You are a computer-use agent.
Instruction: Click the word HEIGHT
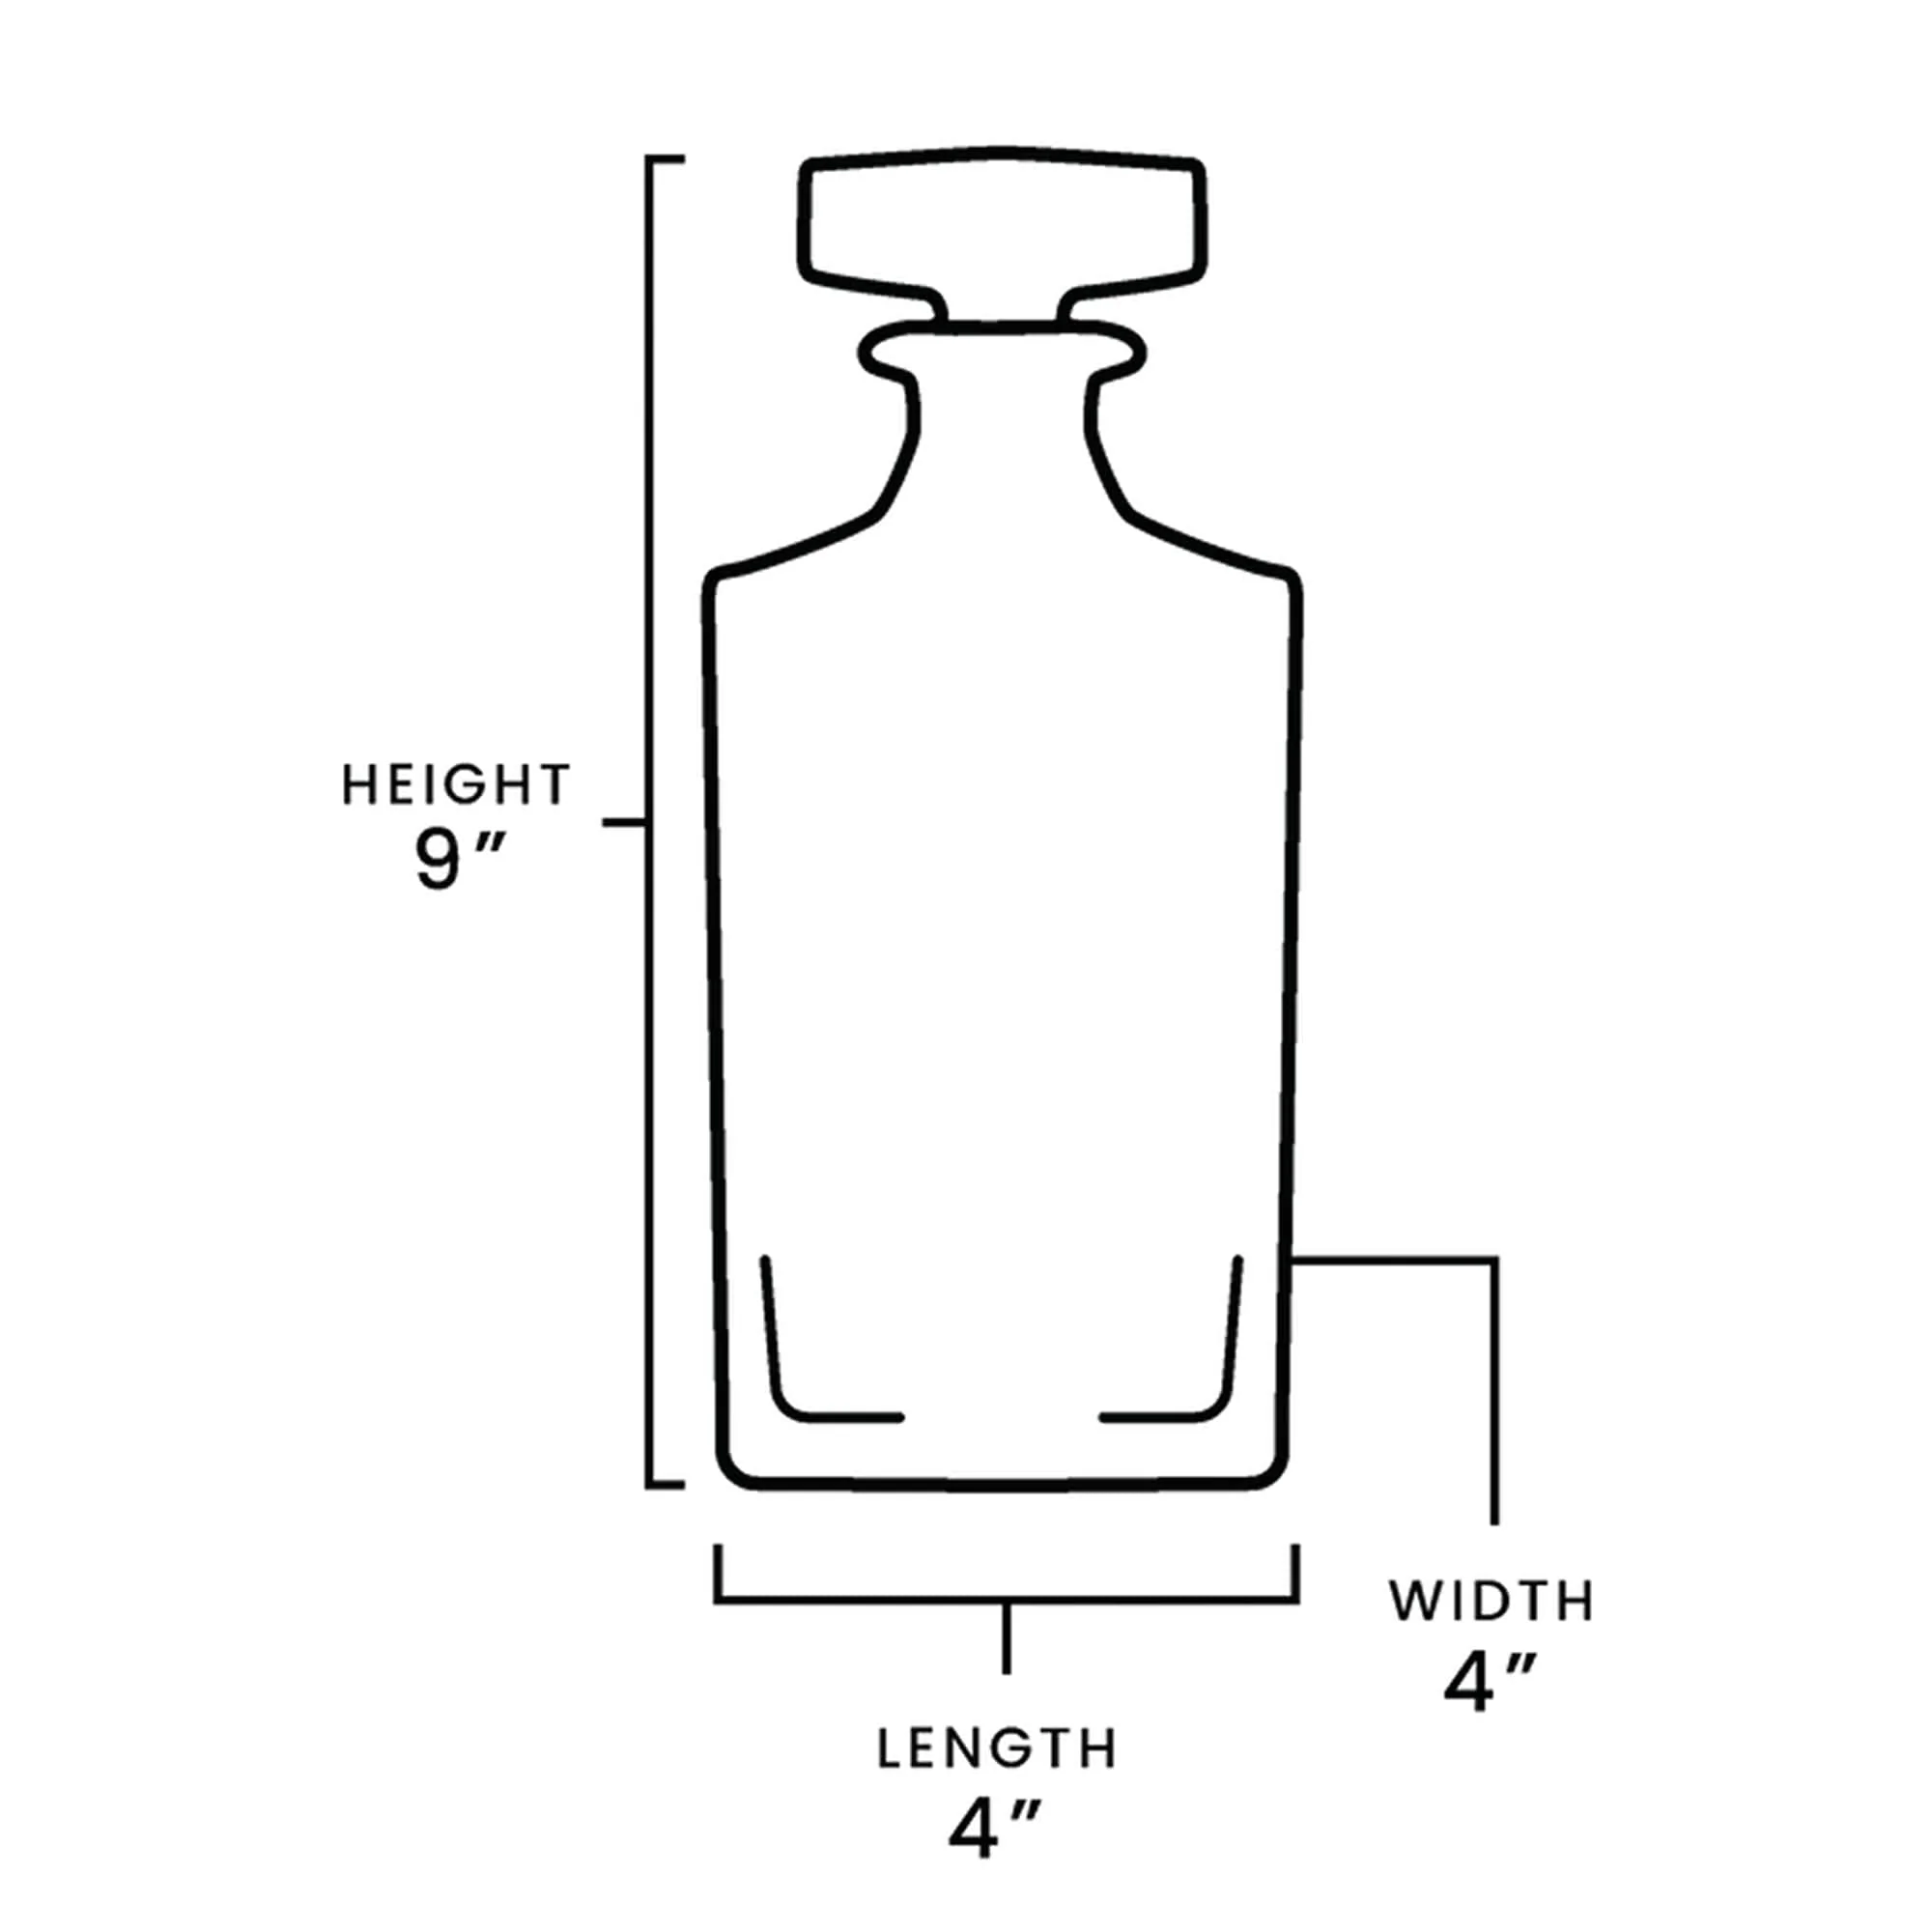[x=456, y=785]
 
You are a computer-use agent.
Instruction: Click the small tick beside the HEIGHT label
[x=624, y=822]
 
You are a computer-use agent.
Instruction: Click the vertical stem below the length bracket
[x=1007, y=1637]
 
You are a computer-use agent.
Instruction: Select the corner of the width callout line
[x=1495, y=1261]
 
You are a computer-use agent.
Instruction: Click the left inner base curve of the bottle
[x=785, y=1400]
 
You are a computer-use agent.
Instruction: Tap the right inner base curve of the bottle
[x=1222, y=1400]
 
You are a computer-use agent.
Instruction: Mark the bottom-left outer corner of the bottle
[x=728, y=1473]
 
